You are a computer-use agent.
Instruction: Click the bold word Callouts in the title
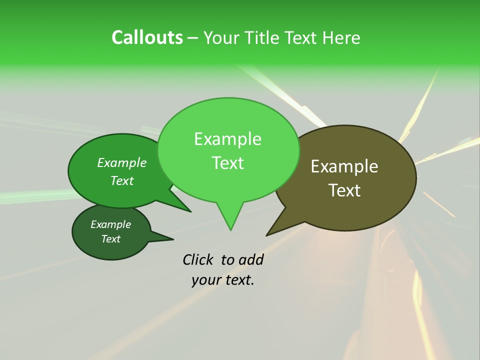pyautogui.click(x=147, y=37)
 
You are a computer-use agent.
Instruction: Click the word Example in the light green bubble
pyautogui.click(x=227, y=139)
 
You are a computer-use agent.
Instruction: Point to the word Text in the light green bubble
pyautogui.click(x=227, y=162)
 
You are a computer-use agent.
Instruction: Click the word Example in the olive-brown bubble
pyautogui.click(x=344, y=166)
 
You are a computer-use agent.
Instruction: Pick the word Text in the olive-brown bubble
pyautogui.click(x=344, y=190)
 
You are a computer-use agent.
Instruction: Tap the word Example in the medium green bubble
pyautogui.click(x=122, y=163)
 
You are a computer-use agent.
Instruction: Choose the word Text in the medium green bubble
pyautogui.click(x=122, y=180)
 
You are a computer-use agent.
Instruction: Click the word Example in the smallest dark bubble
pyautogui.click(x=110, y=224)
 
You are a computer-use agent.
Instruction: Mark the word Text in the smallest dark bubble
pyautogui.click(x=110, y=239)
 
